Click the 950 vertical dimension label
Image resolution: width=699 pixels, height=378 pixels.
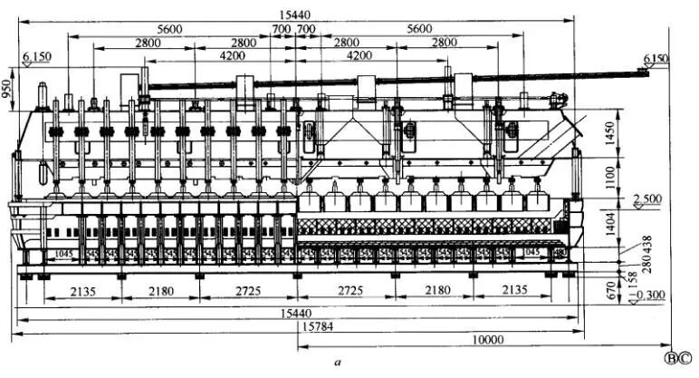[8, 88]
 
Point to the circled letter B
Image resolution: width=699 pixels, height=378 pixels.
[670, 359]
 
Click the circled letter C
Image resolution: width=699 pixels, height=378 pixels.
[686, 359]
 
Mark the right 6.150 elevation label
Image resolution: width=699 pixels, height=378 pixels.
[655, 59]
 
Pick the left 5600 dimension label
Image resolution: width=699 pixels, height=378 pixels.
[168, 29]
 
